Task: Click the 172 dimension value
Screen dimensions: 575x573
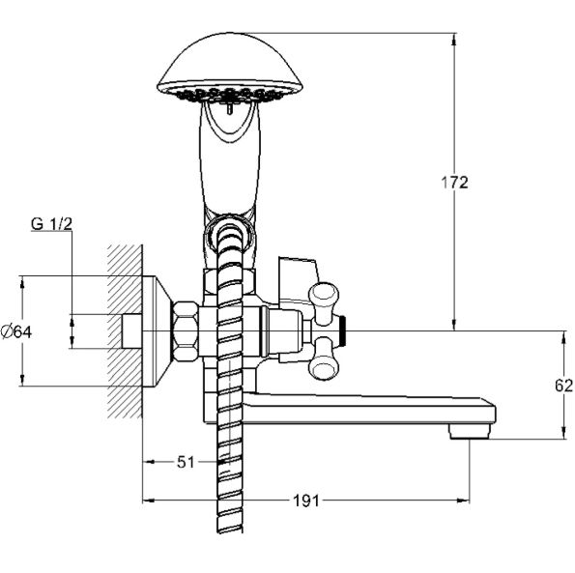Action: (454, 183)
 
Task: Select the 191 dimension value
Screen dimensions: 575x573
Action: (306, 501)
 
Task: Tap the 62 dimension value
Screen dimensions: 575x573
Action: (563, 386)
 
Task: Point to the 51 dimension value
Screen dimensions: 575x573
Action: (186, 462)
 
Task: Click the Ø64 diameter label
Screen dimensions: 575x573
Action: (16, 331)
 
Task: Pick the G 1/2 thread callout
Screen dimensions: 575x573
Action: (51, 224)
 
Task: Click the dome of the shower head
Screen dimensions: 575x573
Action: (230, 62)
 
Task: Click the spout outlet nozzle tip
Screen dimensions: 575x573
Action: (470, 432)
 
